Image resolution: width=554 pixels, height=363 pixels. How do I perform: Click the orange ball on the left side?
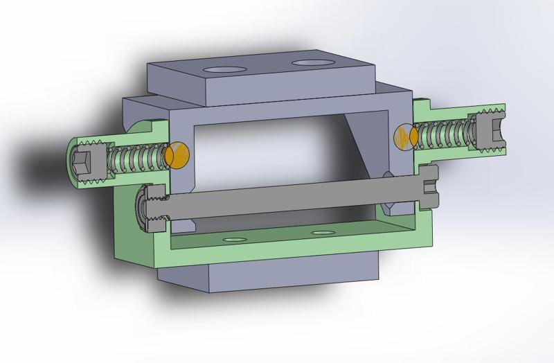tap(178, 154)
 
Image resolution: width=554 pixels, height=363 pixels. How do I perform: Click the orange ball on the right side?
tap(403, 136)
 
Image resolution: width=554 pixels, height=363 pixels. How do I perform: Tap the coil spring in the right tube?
tap(443, 132)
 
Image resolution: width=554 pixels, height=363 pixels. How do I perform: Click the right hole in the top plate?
tap(310, 64)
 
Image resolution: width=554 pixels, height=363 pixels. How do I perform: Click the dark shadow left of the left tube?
tap(42, 166)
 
